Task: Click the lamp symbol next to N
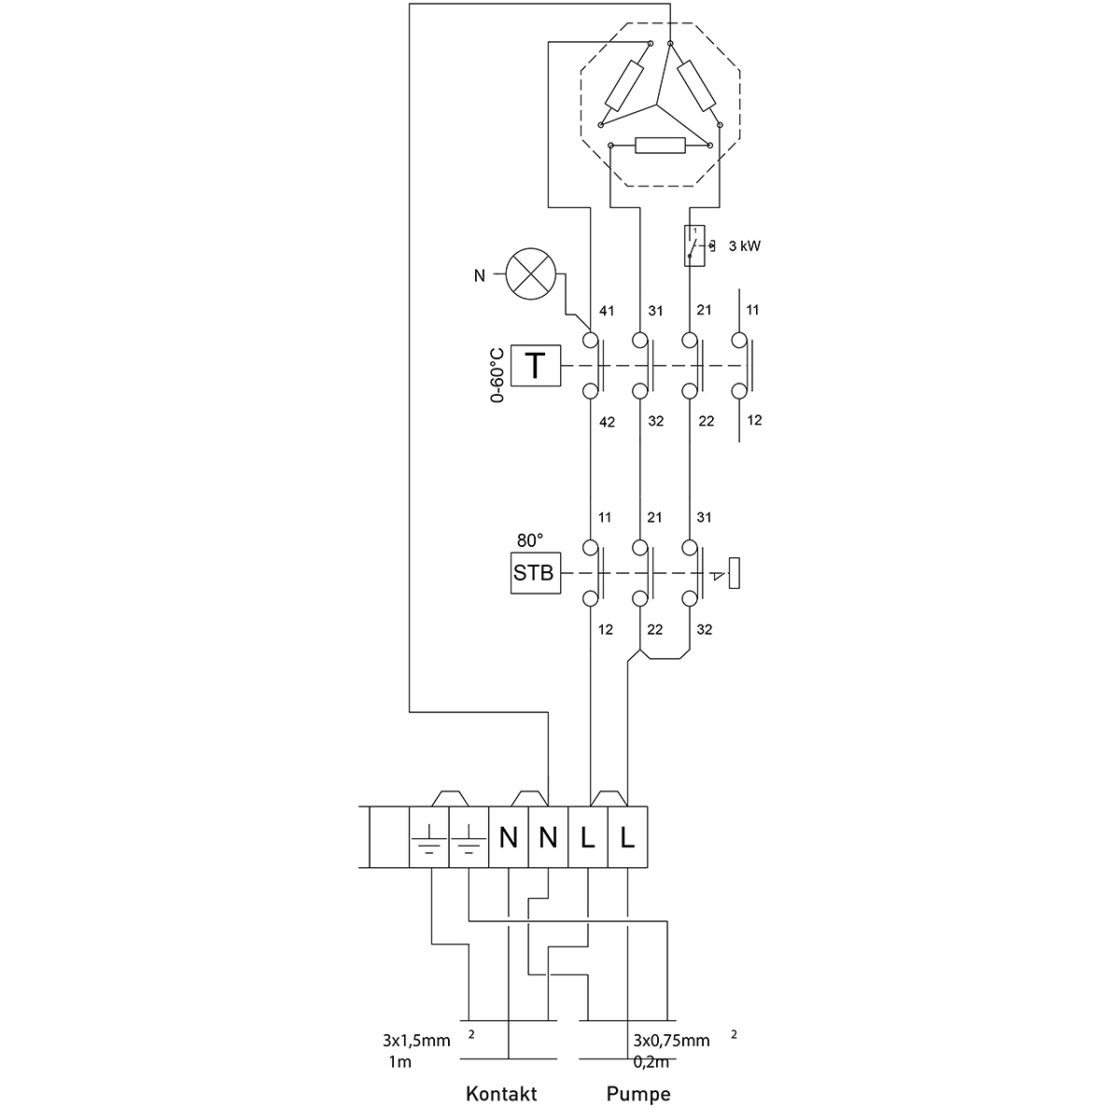point(530,275)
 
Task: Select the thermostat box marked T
point(536,366)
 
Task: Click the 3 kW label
point(745,246)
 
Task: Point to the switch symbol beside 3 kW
point(694,245)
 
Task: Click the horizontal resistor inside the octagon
point(659,145)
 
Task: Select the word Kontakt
point(500,1094)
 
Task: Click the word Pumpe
point(638,1094)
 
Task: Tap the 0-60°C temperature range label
point(497,374)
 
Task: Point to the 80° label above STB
point(530,540)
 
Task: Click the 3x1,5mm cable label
point(416,1041)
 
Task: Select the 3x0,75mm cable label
point(671,1041)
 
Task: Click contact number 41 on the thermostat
point(606,310)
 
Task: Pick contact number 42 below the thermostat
point(606,421)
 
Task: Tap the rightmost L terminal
point(627,837)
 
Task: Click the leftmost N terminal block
point(509,837)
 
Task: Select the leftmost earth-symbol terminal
point(429,837)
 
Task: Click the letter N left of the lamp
point(480,275)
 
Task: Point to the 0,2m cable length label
point(650,1062)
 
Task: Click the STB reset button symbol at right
point(735,572)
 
